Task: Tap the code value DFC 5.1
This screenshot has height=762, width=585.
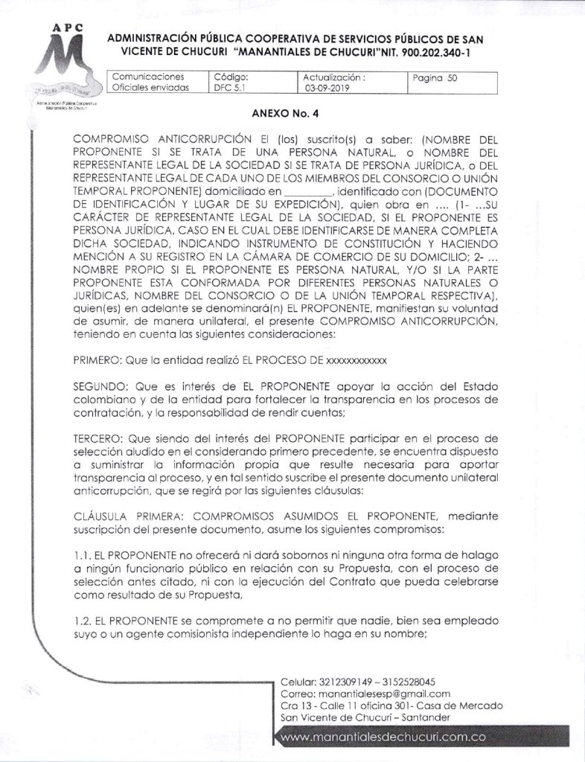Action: coord(228,87)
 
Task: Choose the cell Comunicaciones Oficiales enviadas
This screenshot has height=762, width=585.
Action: coord(150,82)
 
